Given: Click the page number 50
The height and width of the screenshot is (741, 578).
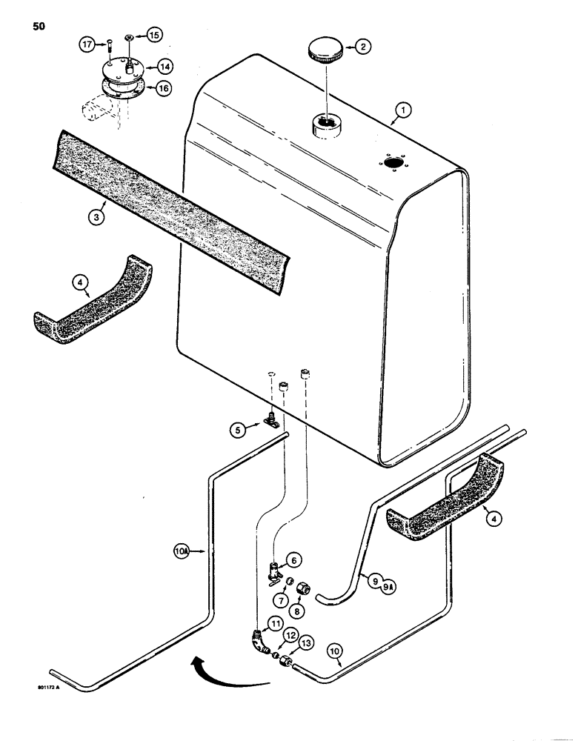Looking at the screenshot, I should (39, 27).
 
